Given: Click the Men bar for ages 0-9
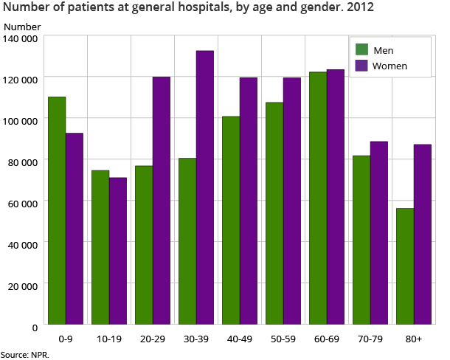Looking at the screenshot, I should pos(57,210).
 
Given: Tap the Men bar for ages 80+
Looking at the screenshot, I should pos(405,266).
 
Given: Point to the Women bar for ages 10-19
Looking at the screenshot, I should pos(118,251).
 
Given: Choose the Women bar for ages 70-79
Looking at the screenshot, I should pos(378,232).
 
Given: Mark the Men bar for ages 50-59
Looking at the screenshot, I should pos(274,213).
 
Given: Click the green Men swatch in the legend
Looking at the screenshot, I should pos(362,50).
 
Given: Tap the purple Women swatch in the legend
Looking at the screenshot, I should pos(362,66).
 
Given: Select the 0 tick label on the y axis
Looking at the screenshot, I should pos(35,326).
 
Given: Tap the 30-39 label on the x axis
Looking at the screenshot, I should pos(195,339).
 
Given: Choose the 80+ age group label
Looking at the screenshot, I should pos(413,339).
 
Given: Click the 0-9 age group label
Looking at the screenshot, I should pos(66,339).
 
